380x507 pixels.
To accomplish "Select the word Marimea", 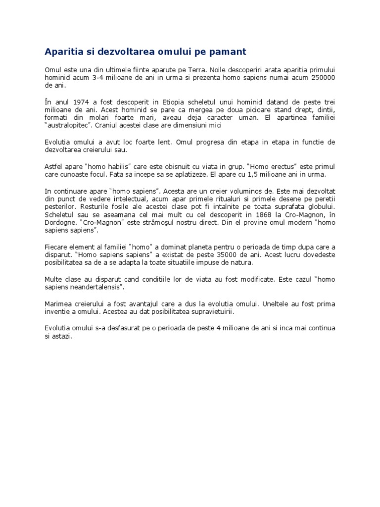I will [58, 304].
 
